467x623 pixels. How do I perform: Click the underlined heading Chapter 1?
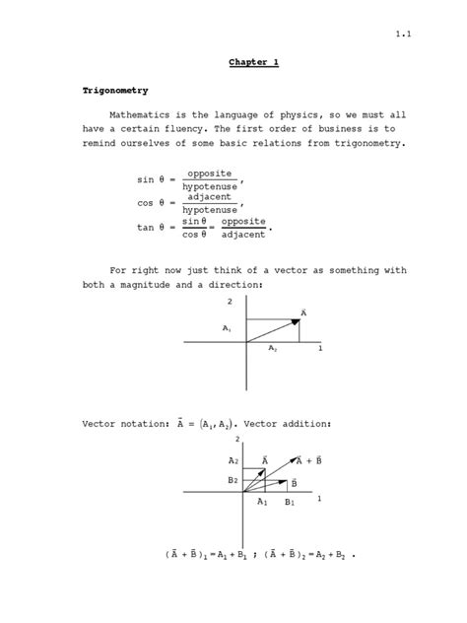tap(255, 63)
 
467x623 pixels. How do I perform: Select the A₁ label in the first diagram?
tap(227, 327)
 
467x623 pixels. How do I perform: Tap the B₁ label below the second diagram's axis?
tap(290, 503)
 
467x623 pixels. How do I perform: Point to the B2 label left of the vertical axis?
tap(233, 480)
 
